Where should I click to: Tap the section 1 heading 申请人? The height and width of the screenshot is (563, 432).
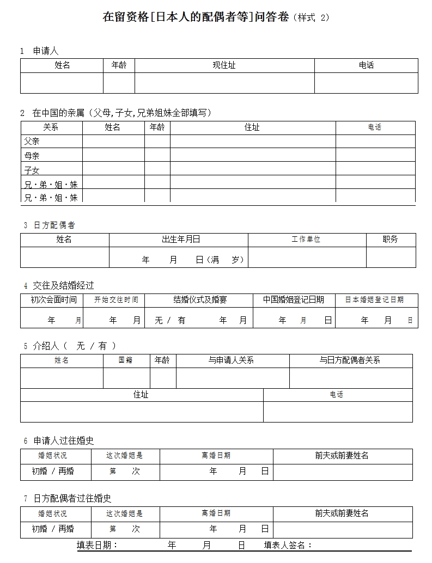46,51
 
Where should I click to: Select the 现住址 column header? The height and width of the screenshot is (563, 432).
224,65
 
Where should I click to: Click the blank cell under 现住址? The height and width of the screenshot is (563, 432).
224,83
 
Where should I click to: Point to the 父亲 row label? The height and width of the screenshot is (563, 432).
32,141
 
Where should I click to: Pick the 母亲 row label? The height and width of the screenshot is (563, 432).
32,156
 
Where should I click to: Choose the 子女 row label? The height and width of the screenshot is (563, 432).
32,170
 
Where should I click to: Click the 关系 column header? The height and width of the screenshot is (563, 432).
51,127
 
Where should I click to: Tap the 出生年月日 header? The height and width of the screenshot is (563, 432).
178,240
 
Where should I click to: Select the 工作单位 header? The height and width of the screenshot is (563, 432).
306,240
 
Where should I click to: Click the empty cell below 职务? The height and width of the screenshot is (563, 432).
391,257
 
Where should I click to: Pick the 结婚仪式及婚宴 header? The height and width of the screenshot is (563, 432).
200,300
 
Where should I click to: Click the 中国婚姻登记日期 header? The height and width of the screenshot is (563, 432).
294,300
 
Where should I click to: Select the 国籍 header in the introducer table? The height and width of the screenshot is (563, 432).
126,360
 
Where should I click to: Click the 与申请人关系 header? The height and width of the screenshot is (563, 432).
232,360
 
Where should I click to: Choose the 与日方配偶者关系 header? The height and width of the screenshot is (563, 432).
350,360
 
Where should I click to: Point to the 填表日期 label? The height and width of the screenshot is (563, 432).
98,546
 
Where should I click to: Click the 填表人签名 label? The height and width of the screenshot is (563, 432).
288,546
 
